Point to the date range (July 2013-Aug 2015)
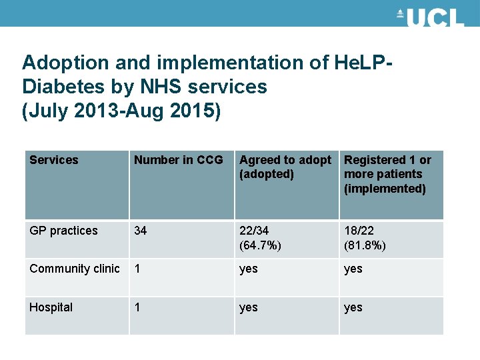pos(121,110)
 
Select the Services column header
pos(54,160)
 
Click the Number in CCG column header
pos(178,160)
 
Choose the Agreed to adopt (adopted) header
pos(285,167)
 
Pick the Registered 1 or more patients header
pos(387,174)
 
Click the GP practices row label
pos(63,231)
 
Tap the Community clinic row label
pos(75,269)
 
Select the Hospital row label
pos(51,307)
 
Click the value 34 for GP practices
pos(141,231)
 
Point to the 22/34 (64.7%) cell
pos(260,238)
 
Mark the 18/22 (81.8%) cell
pos(365,238)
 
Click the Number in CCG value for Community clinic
pos(137,269)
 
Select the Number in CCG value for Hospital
pos(137,307)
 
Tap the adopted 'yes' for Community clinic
pos(249,269)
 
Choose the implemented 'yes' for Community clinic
pos(353,269)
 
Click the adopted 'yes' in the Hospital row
pos(249,308)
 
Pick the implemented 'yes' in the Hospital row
pos(353,308)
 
